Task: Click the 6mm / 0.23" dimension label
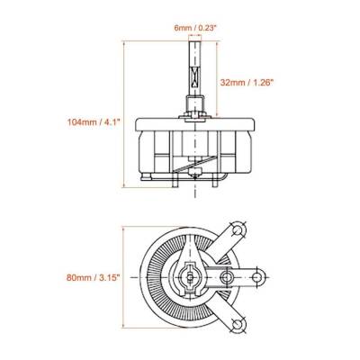(195, 28)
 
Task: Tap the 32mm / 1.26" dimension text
(247, 83)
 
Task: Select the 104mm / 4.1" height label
(94, 122)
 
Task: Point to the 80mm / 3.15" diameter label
(94, 277)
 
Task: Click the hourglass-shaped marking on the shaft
(195, 77)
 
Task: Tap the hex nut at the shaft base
(195, 114)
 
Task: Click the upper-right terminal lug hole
(238, 230)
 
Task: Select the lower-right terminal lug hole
(238, 325)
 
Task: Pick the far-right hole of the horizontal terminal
(256, 277)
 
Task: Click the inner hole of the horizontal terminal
(226, 277)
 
